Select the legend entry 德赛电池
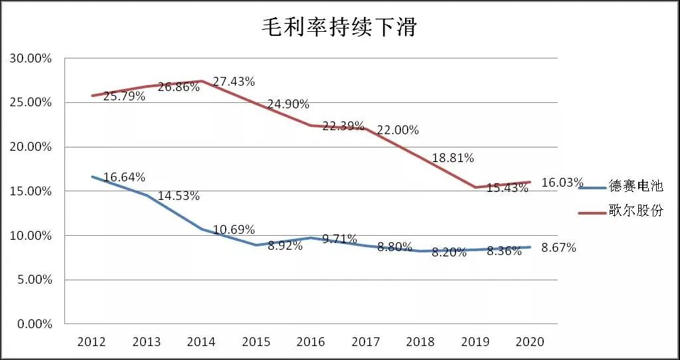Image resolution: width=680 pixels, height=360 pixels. [636, 187]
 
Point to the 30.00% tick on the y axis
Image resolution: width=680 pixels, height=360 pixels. [31, 58]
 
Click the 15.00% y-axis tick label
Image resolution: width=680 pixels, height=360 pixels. [31, 191]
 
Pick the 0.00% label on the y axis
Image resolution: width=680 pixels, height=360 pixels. [33, 324]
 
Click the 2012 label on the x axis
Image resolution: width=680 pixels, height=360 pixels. [92, 342]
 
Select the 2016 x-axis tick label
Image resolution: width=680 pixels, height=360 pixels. [311, 342]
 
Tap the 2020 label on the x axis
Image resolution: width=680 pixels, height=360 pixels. [530, 342]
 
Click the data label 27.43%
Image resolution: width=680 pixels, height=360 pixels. [233, 82]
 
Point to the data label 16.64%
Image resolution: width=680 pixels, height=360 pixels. [124, 177]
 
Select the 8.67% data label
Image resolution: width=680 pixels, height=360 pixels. [558, 248]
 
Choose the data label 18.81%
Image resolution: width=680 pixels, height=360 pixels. [453, 158]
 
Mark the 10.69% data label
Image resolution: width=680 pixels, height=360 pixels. [234, 230]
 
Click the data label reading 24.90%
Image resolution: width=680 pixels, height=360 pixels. [288, 104]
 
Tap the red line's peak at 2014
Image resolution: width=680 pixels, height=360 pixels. [201, 81]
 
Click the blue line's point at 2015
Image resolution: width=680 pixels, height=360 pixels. [256, 245]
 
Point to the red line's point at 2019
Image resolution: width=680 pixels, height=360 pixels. [475, 187]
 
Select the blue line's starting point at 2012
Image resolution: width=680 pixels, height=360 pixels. [92, 177]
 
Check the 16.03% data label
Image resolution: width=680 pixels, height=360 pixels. [562, 183]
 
